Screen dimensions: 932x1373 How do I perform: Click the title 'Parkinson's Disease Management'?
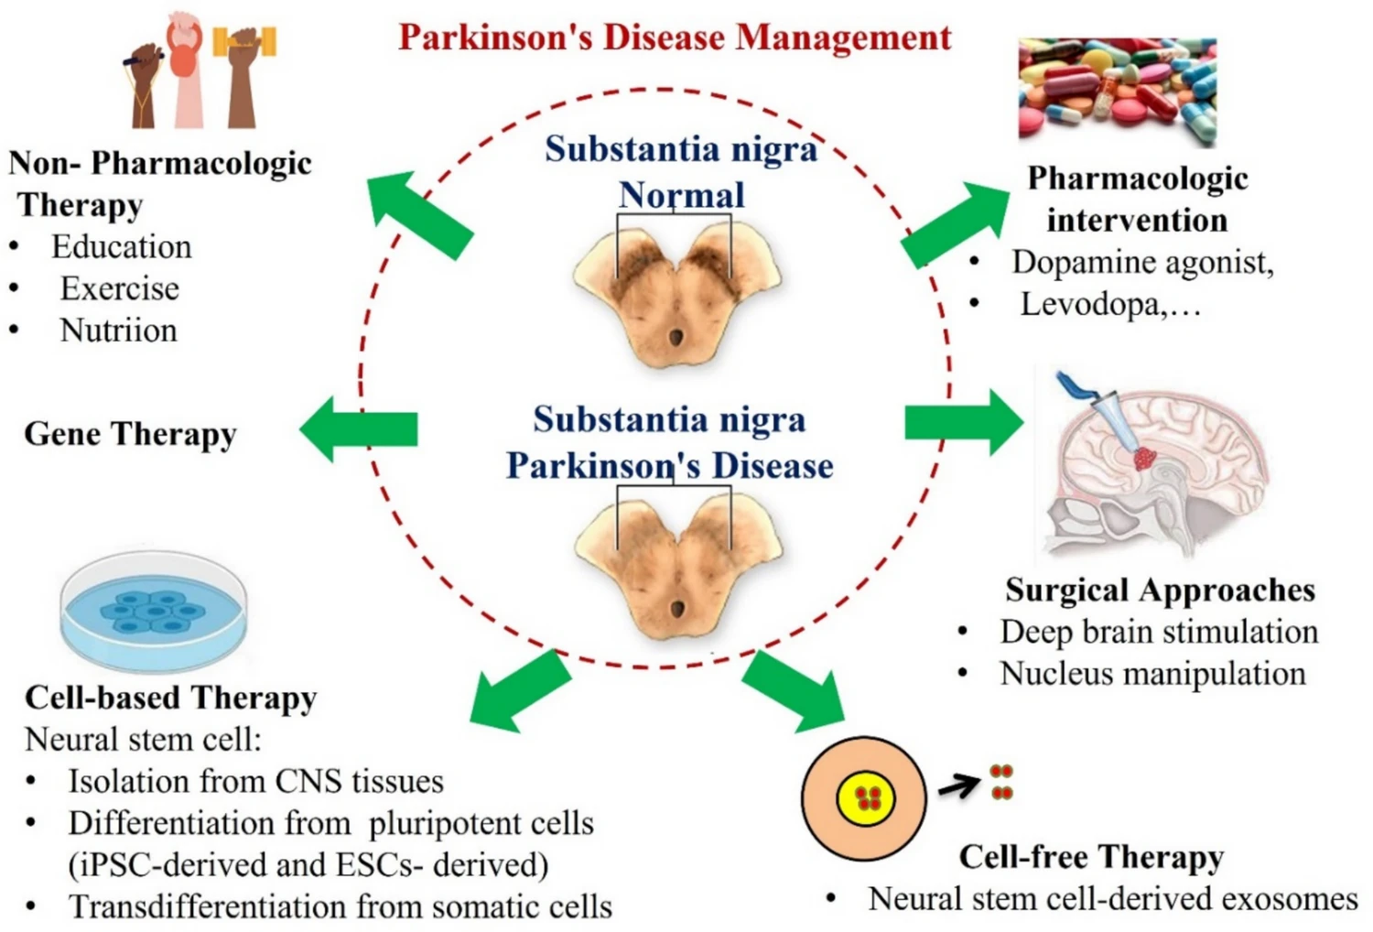point(675,38)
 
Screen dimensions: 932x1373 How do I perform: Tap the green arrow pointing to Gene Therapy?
point(358,428)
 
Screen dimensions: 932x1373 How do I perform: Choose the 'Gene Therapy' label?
point(130,434)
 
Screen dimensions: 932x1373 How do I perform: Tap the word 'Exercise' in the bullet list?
point(119,288)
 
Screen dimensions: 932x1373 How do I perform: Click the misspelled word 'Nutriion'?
point(118,331)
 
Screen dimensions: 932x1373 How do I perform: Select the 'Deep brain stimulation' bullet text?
point(1158,632)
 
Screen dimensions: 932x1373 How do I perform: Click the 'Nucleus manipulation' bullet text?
point(1151,674)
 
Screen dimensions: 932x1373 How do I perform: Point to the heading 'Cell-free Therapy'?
point(1091,857)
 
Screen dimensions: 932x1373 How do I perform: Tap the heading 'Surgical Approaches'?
point(1160,591)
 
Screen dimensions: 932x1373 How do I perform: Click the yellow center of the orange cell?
point(865,797)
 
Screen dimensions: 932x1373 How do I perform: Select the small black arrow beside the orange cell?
point(959,785)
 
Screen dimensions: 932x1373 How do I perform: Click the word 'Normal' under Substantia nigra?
point(681,195)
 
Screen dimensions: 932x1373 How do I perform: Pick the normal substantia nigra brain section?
point(676,293)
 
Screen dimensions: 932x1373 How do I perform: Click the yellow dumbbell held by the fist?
point(244,41)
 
